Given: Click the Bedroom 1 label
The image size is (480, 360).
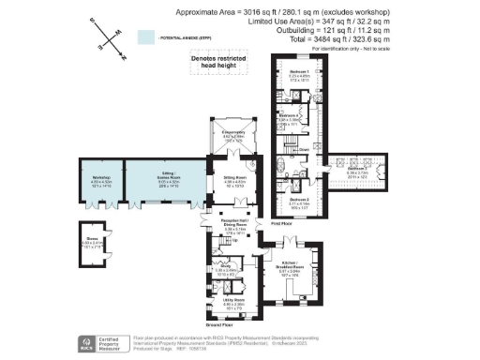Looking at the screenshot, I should point(299,71).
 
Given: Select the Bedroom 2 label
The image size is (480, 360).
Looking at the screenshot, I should point(299,200).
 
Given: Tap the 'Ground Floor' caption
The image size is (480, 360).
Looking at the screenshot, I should point(221,322).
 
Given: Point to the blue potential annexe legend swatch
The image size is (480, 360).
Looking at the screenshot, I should point(145,37).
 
